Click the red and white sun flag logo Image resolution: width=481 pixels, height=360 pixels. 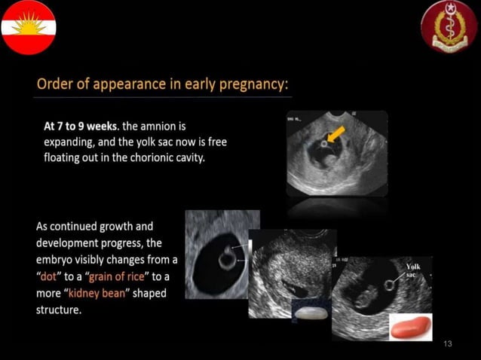[x=28, y=28]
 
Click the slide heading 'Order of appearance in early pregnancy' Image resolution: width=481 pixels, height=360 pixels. [x=163, y=83]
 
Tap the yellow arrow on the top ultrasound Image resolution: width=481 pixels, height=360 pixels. [x=335, y=135]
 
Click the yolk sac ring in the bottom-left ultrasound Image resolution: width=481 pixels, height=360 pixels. [x=226, y=259]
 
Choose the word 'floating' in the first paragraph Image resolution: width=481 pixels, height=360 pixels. [x=64, y=158]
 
